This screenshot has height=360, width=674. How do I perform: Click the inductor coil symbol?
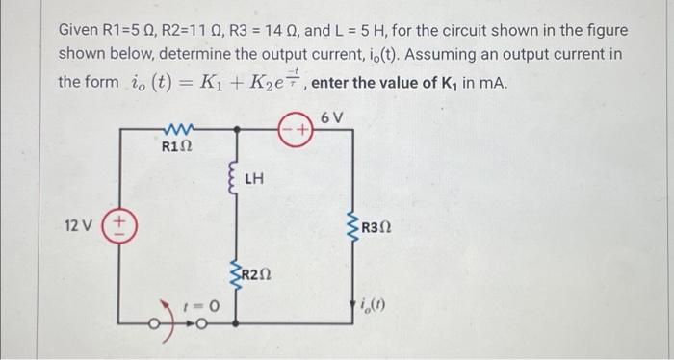click(232, 180)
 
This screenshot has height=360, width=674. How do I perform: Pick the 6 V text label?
click(331, 116)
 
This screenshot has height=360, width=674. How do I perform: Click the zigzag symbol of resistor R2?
click(234, 275)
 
